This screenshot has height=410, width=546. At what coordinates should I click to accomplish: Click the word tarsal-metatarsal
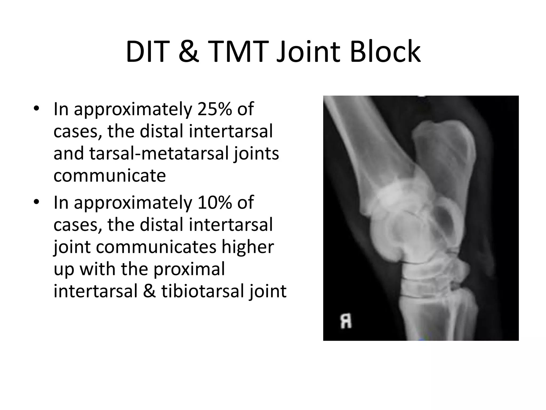pos(159,154)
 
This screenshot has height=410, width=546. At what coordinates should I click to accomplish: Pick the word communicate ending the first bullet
pos(110,176)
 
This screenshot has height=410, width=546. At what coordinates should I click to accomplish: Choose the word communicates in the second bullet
pos(156,247)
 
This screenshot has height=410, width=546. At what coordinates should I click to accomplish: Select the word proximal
pos(189,269)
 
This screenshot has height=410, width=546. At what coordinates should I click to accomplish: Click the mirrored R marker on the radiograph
pos(346,321)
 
